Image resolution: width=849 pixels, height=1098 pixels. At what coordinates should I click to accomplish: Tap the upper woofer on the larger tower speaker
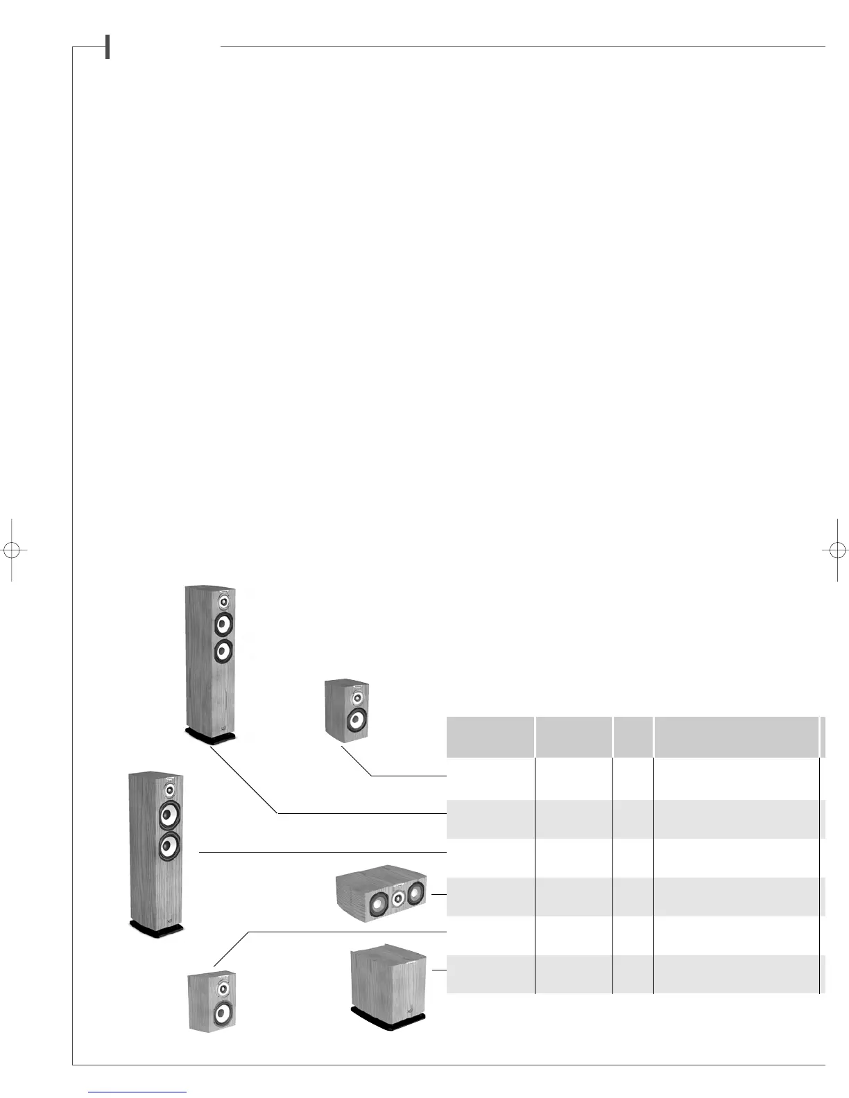tap(169, 815)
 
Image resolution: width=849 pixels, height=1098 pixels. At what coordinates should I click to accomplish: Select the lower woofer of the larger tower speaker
tap(169, 846)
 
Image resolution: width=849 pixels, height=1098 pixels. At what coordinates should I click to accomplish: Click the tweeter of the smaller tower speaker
tap(223, 601)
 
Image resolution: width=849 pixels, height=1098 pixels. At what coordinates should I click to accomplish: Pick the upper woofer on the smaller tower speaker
tap(222, 625)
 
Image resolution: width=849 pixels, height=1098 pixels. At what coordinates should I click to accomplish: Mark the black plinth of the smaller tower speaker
tap(211, 736)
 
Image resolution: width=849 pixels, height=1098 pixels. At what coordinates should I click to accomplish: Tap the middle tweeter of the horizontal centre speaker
tap(397, 898)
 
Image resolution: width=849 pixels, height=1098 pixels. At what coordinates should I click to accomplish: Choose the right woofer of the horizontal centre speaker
tap(415, 894)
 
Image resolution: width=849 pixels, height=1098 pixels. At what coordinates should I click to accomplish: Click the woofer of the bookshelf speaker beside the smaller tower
tap(355, 719)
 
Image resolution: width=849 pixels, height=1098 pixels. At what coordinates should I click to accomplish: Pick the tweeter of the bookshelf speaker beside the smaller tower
tap(357, 697)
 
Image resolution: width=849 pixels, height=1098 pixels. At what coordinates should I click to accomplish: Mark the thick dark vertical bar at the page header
tap(108, 47)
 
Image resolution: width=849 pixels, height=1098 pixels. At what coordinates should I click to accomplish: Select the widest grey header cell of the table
tap(737, 737)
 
